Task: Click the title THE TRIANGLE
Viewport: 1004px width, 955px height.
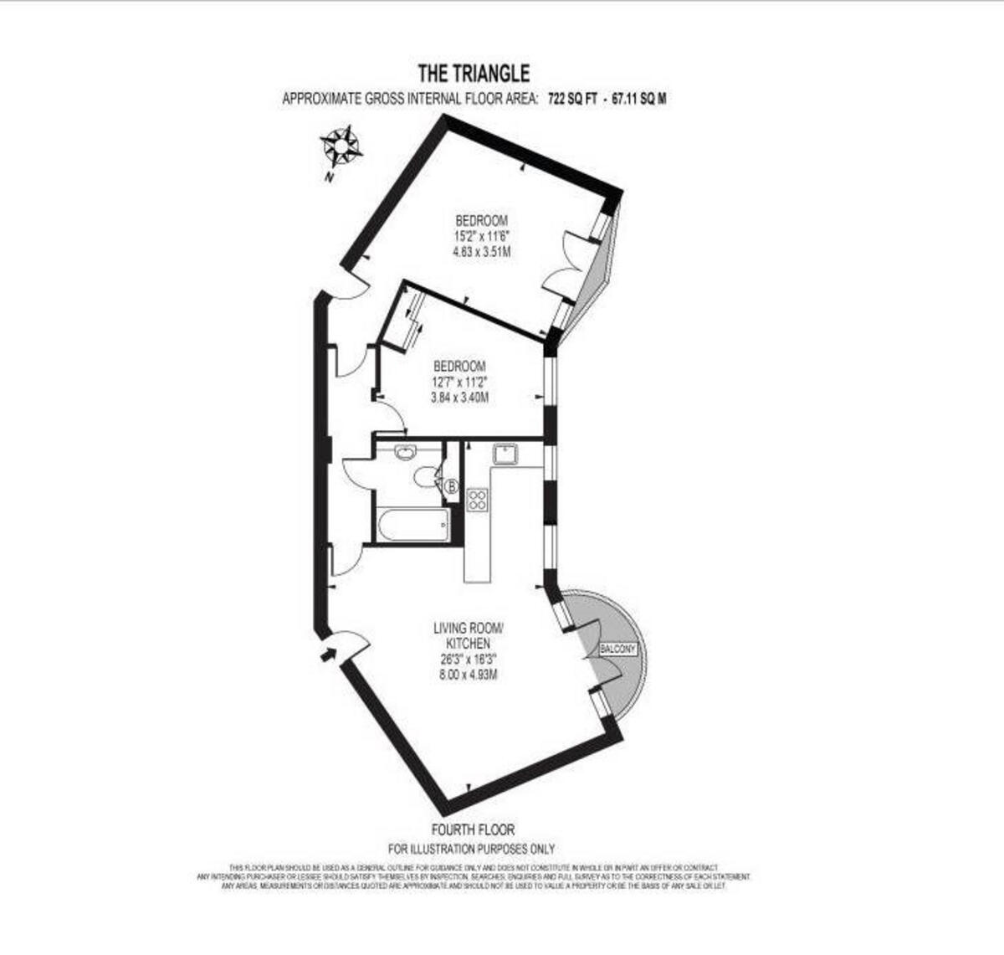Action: coord(473,74)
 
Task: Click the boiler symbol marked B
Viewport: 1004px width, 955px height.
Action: coord(452,485)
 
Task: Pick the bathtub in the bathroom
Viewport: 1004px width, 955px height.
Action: coord(413,526)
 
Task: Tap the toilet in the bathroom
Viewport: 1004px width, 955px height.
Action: coord(426,476)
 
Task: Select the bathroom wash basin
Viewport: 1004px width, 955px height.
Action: coord(406,453)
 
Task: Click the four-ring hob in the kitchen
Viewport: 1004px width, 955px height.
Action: coord(478,500)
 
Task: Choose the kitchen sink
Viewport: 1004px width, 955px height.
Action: coord(505,454)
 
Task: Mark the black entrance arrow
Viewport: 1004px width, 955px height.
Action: coord(330,653)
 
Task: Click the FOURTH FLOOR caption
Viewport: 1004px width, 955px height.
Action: coord(473,830)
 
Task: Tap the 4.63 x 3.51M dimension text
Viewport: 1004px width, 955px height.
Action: coord(481,251)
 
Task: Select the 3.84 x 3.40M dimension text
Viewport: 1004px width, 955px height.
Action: coord(459,398)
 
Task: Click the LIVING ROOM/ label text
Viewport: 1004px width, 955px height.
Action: coord(469,627)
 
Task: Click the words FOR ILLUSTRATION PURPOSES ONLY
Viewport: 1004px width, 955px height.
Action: coord(472,849)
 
